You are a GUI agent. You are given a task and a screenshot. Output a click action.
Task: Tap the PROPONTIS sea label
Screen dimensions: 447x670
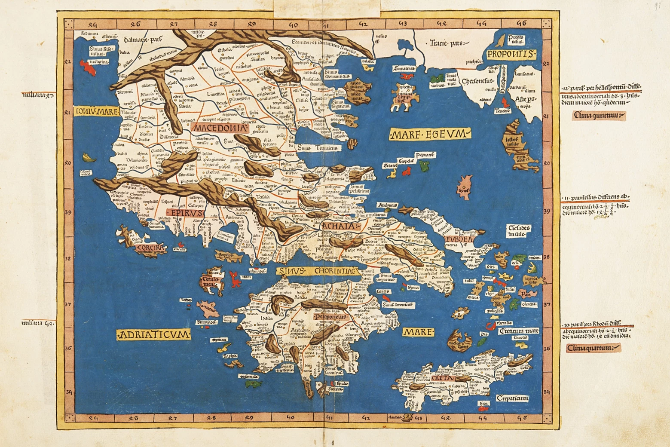coord(511,54)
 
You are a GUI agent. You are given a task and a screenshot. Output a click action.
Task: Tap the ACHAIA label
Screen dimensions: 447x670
coord(340,227)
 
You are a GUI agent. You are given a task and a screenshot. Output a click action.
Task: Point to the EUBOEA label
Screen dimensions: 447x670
coord(459,239)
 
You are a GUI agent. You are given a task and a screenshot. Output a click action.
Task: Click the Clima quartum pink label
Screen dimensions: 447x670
coord(593,348)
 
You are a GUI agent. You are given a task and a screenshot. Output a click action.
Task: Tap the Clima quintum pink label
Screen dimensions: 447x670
coord(599,115)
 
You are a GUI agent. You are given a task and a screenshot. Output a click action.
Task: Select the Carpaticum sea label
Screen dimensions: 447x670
coord(512,398)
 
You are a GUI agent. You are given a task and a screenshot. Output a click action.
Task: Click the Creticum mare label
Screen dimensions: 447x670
coord(519,331)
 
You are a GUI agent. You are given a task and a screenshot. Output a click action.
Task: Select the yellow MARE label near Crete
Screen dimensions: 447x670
coord(418,332)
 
